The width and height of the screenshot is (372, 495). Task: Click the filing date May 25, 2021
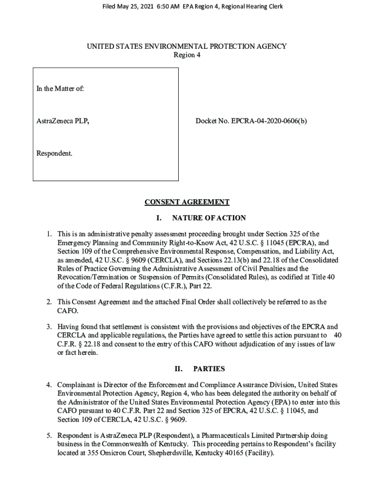130,7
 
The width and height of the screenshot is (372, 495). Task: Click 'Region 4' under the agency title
186,55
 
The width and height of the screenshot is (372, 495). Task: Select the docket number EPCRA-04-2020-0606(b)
272,121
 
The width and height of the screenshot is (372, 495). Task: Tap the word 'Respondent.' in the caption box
55,154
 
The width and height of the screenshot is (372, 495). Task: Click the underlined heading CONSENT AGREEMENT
186,202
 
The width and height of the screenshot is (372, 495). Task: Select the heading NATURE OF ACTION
209,218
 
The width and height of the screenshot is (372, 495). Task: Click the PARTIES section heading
209,369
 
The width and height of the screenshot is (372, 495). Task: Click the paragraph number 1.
49,234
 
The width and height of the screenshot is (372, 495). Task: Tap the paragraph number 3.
49,326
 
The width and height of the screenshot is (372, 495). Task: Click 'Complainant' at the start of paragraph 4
76,385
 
